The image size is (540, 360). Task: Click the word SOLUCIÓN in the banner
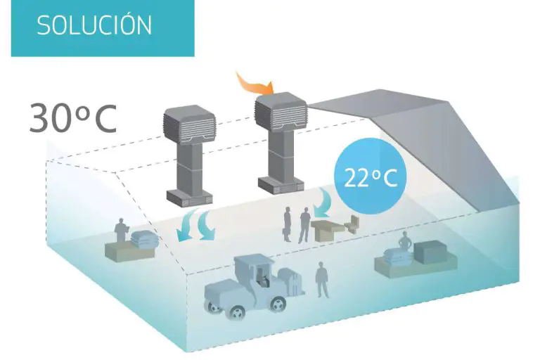click(94, 25)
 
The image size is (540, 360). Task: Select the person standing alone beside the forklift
click(322, 278)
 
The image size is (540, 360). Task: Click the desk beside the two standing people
click(330, 229)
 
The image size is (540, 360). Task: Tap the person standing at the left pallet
click(122, 230)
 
